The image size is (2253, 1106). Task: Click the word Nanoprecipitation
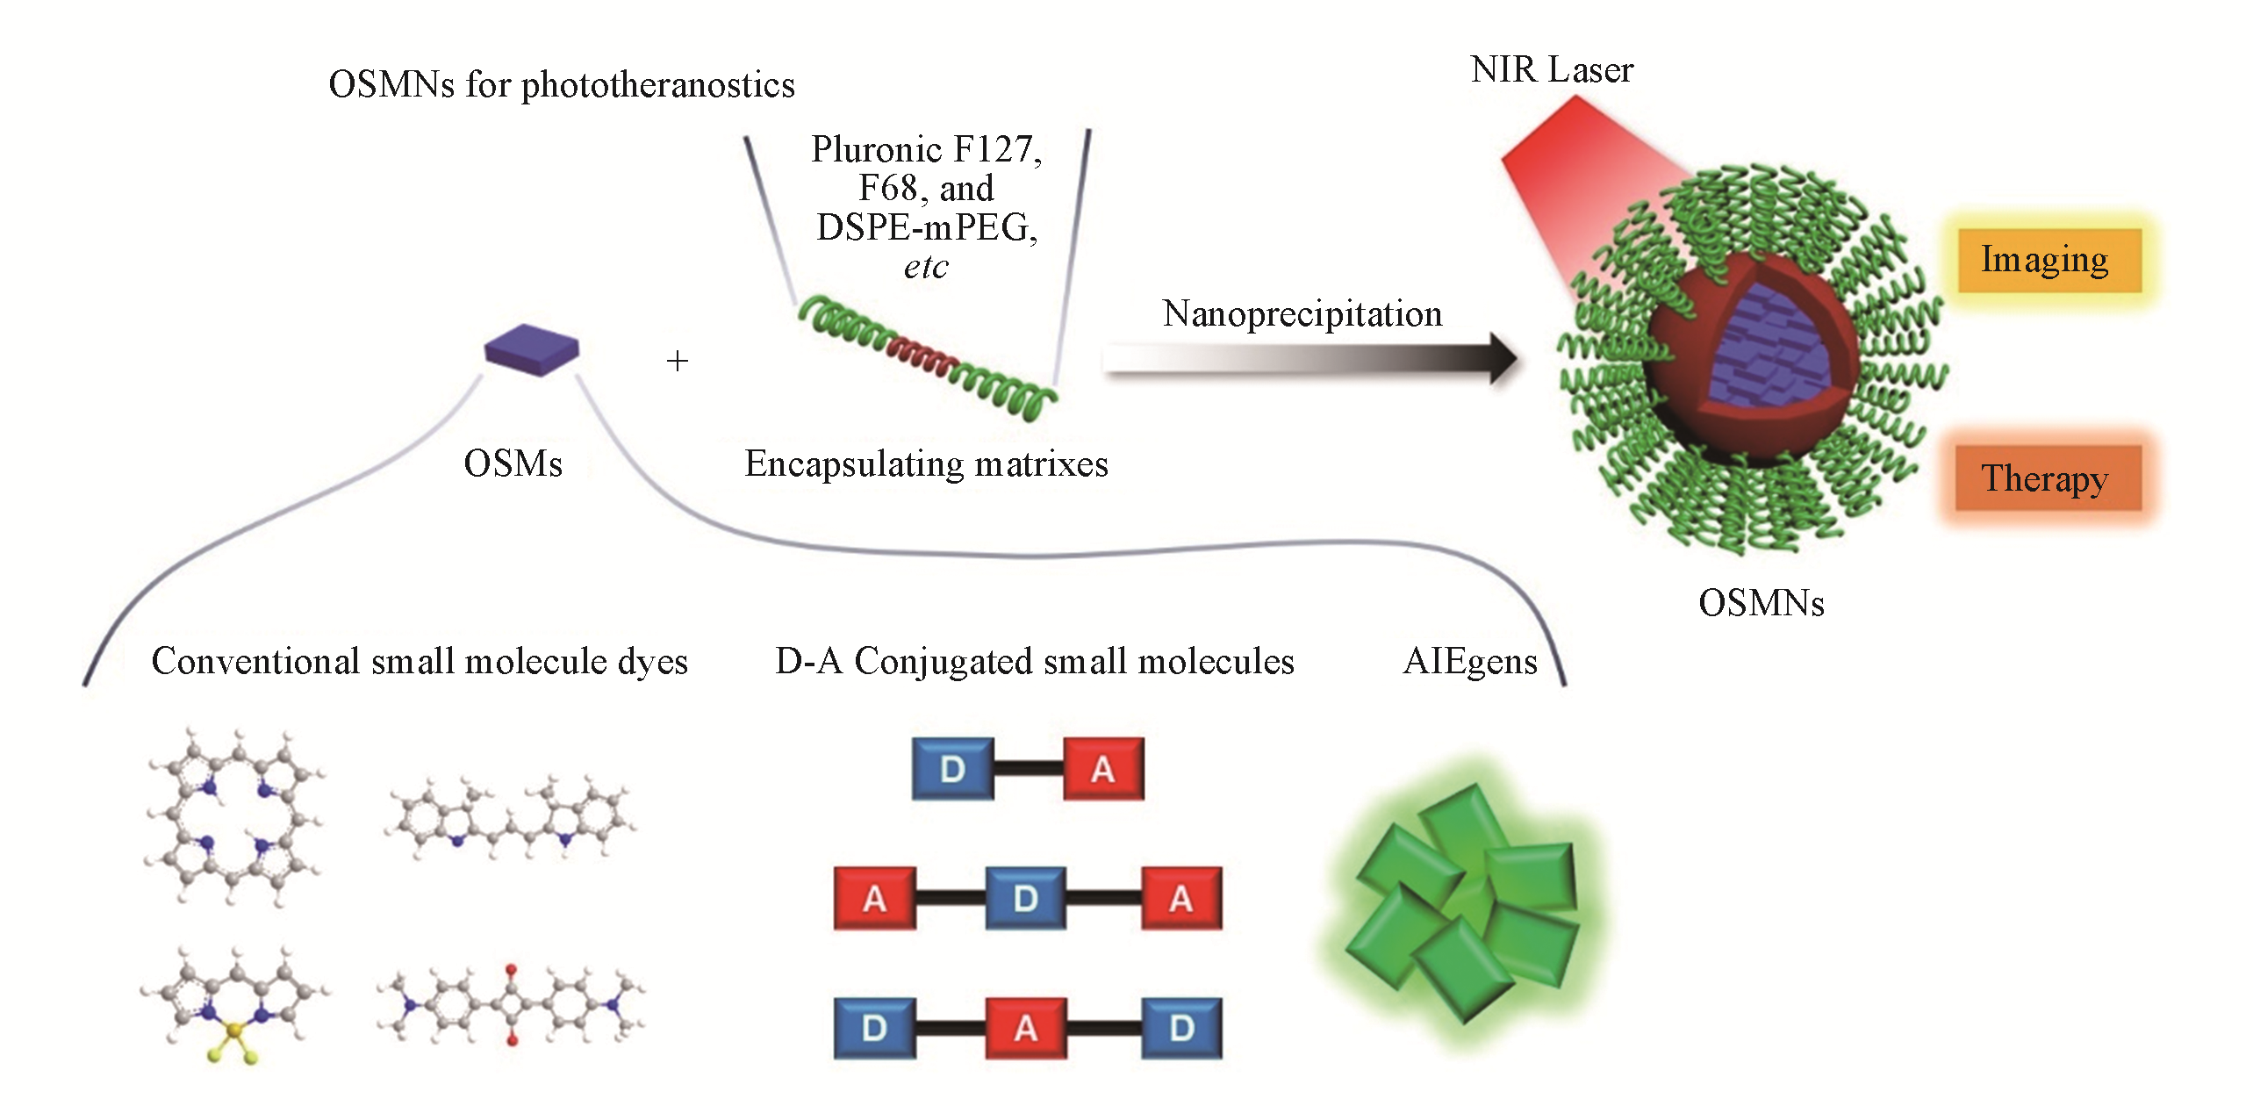click(1302, 314)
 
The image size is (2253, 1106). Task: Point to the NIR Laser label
click(1551, 70)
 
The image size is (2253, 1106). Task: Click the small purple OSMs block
click(531, 348)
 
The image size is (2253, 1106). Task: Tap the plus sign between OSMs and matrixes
click(677, 361)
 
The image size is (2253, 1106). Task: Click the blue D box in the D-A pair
click(952, 769)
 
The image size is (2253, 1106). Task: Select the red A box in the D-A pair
click(1103, 769)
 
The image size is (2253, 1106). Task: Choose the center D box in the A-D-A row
click(1025, 898)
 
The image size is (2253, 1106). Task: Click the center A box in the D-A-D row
click(1025, 1028)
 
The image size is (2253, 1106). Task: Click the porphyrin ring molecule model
click(233, 816)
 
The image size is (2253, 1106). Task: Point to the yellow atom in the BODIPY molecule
click(233, 1029)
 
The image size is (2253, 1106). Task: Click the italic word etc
click(926, 267)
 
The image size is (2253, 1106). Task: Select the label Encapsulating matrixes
click(926, 463)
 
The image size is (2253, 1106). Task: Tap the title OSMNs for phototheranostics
click(562, 85)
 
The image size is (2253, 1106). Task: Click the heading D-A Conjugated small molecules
click(1034, 661)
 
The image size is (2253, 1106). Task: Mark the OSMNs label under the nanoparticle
click(1761, 603)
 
